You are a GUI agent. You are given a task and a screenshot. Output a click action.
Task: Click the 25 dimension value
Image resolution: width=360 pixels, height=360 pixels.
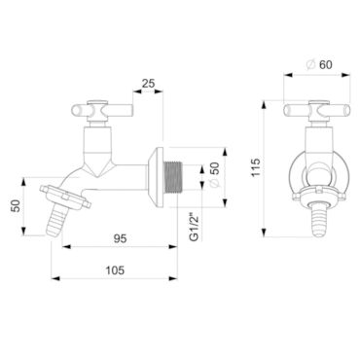click(x=149, y=84)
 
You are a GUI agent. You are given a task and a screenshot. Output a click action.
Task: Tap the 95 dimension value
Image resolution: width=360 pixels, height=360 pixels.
click(x=120, y=239)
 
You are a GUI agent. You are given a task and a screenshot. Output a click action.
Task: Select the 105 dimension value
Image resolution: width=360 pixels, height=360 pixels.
click(x=115, y=270)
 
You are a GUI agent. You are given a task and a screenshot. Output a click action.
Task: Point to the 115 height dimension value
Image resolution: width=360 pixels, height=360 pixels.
click(x=256, y=167)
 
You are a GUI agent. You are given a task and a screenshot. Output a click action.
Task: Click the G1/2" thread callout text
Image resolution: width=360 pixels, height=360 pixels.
click(x=194, y=227)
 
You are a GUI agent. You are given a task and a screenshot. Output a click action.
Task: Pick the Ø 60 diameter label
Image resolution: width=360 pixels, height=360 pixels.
click(x=319, y=65)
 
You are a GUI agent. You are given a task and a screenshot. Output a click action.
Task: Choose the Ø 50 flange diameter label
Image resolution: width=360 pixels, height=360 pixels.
click(x=214, y=174)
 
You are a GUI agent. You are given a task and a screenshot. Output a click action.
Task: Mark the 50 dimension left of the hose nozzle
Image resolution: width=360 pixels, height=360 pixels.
click(x=16, y=205)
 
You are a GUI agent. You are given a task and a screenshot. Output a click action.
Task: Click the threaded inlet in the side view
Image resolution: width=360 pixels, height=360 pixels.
click(x=173, y=178)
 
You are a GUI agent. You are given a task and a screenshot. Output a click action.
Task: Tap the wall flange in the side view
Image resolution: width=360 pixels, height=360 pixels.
click(x=156, y=177)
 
